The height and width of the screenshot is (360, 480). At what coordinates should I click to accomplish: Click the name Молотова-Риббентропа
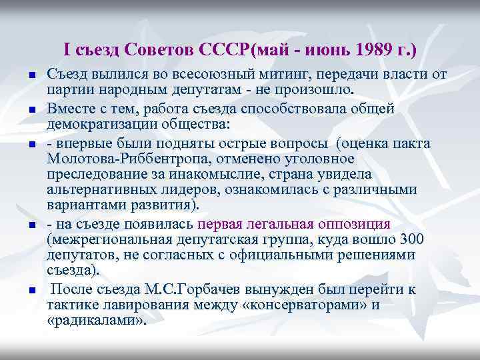123,159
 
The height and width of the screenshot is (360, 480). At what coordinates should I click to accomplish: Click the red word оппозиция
353,223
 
